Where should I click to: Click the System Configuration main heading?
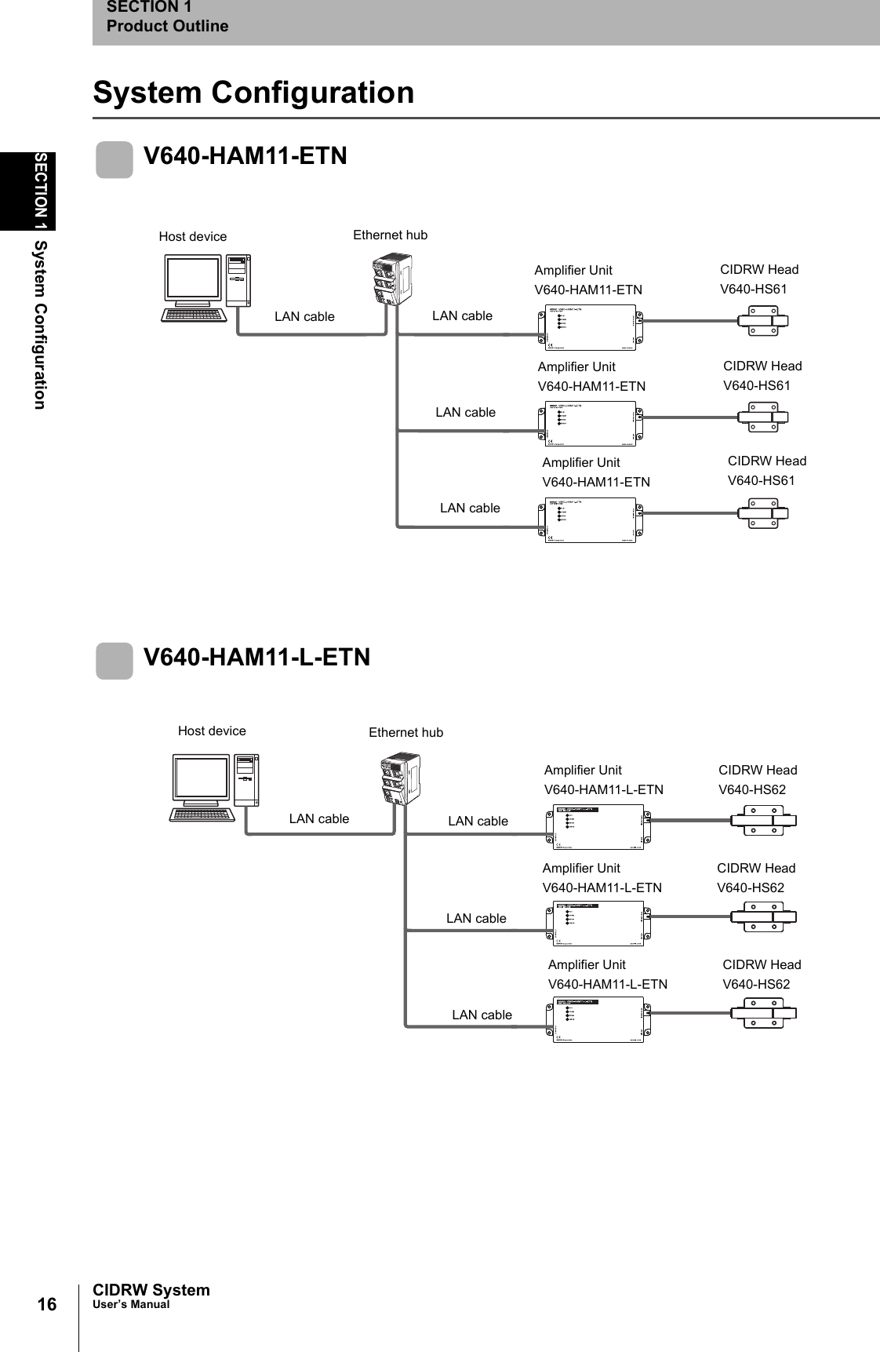(253, 93)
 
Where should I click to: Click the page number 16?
(47, 1304)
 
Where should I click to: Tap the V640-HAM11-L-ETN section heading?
(256, 657)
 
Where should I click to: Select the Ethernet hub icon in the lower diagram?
(401, 778)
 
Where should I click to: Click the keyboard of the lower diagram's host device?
(202, 814)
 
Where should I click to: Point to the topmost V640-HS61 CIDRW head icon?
(762, 321)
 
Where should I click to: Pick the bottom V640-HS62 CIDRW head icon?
(762, 1013)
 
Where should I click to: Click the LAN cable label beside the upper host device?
(304, 317)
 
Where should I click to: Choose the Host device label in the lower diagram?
(212, 731)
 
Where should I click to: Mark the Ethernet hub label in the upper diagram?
(390, 235)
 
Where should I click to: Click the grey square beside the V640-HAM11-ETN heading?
(115, 160)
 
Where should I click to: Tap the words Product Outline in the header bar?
(167, 26)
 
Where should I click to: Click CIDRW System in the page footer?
(151, 1290)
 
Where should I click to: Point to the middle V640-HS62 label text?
(750, 887)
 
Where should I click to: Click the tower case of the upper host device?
(238, 280)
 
